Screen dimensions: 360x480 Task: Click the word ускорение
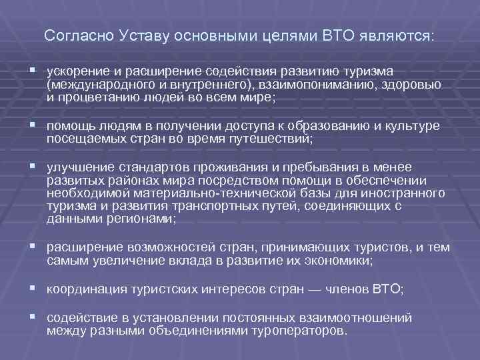click(x=76, y=71)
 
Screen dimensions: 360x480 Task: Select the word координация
click(x=81, y=290)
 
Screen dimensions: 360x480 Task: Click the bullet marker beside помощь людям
click(x=33, y=125)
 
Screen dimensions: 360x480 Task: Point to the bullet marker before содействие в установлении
click(x=33, y=319)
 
